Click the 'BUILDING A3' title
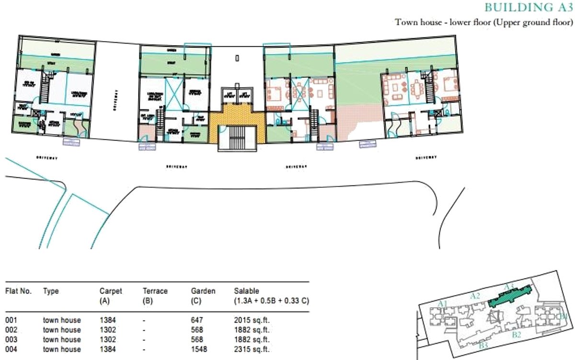[529, 7]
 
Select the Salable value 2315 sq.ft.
[252, 349]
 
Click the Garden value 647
[197, 320]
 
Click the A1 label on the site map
[443, 303]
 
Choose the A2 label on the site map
[475, 296]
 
